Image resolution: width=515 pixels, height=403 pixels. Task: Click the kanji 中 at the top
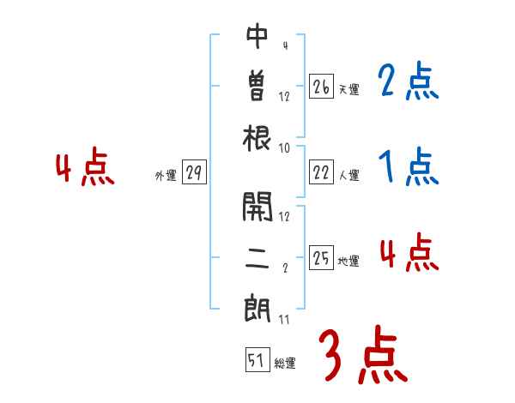[x=257, y=37]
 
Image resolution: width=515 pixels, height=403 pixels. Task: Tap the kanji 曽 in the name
[x=257, y=87]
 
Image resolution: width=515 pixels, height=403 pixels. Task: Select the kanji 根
[x=257, y=137]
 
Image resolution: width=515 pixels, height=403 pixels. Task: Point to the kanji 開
[x=257, y=206]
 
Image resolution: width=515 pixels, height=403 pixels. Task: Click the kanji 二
[x=257, y=258]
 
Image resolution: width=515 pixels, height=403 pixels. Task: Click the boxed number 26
[x=321, y=87]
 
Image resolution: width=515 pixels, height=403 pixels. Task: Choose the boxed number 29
[x=194, y=173]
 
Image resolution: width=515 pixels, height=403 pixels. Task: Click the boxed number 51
[x=256, y=361]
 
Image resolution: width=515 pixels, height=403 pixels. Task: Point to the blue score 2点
[x=408, y=83]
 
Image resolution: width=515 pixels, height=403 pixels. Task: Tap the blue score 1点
[x=408, y=166]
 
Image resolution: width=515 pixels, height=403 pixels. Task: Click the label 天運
[x=348, y=89]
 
